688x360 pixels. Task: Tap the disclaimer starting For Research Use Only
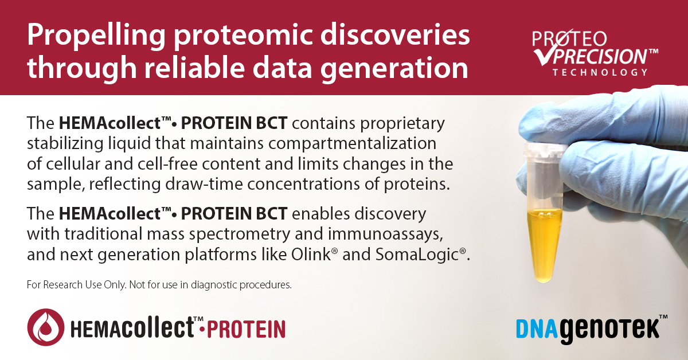coord(159,284)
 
